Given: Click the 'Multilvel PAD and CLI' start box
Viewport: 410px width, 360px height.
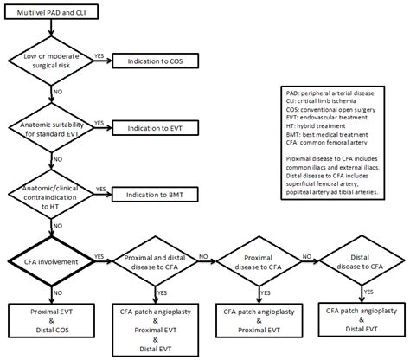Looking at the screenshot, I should (x=51, y=15).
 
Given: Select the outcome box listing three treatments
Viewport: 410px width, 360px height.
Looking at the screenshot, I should (x=157, y=330).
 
